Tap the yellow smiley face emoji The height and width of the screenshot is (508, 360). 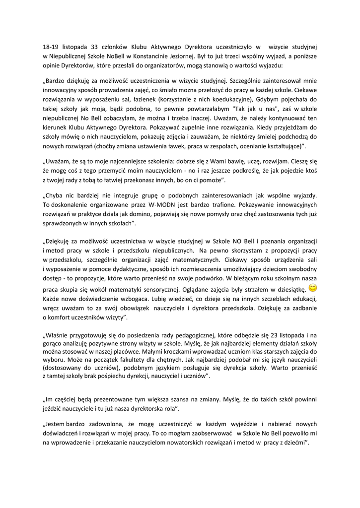(x=313, y=288)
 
